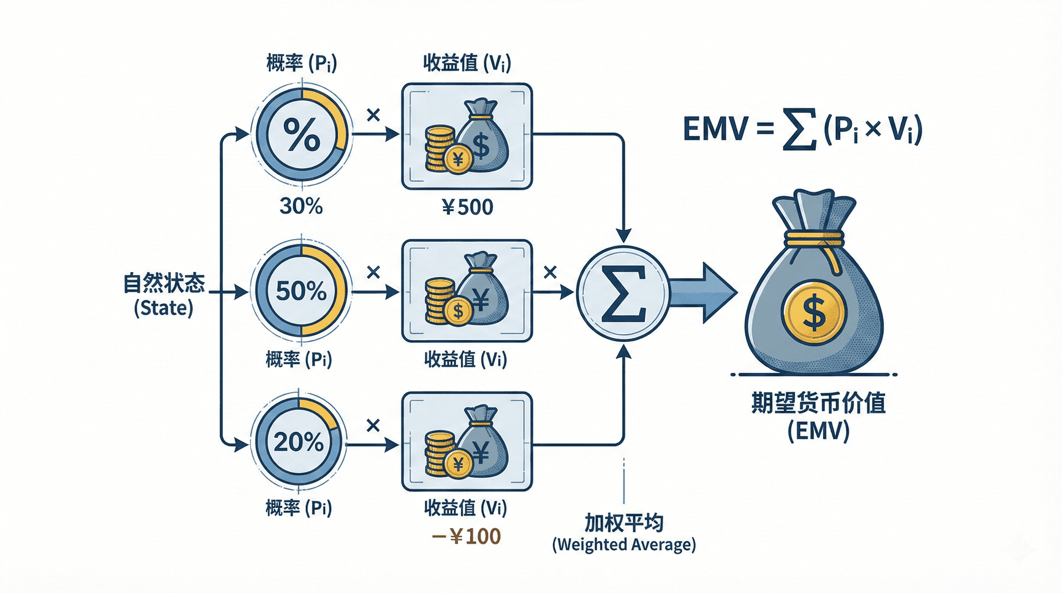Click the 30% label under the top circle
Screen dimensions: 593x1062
click(301, 206)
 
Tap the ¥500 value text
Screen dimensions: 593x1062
click(467, 207)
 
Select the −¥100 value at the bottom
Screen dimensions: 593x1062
click(466, 537)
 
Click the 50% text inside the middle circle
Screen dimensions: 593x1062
click(301, 291)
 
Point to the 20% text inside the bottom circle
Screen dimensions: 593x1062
click(299, 442)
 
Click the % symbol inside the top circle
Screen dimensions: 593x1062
click(301, 134)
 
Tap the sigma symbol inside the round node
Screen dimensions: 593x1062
click(623, 294)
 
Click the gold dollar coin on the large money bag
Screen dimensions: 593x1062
click(814, 313)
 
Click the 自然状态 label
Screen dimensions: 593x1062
click(164, 283)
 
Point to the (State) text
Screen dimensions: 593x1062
click(164, 308)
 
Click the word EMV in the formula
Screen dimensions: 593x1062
click(715, 129)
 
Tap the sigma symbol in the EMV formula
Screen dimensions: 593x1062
click(800, 131)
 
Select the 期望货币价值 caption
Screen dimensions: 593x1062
click(818, 403)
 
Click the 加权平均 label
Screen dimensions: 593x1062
click(623, 523)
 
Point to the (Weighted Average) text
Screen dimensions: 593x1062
click(624, 545)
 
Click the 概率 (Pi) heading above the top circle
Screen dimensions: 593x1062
click(301, 63)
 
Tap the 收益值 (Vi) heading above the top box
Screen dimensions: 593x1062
click(467, 63)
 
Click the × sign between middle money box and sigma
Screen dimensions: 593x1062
click(550, 272)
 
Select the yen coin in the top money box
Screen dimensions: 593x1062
click(457, 160)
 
